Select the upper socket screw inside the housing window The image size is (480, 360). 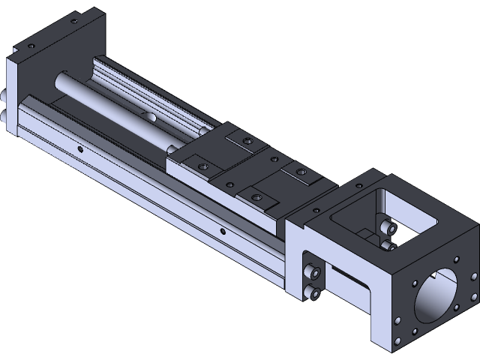click(387, 227)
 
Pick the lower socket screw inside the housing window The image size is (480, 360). click(387, 244)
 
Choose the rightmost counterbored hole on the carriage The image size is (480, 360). click(301, 172)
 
